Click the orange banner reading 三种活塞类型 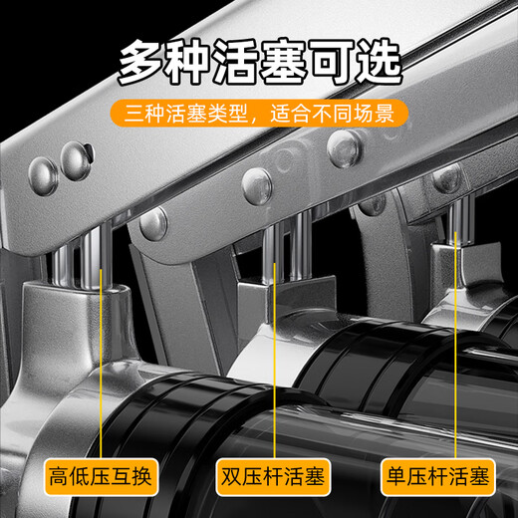point(259,112)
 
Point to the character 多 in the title point(142,63)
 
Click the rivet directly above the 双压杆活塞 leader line point(257,180)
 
